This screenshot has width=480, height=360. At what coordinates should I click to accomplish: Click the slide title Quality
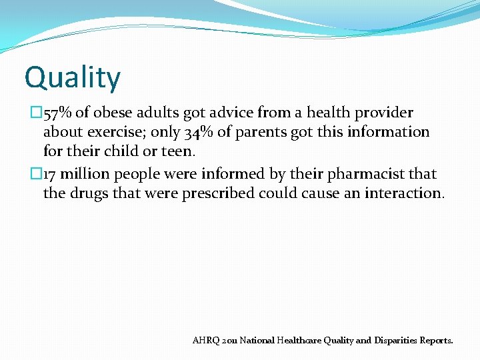point(73,77)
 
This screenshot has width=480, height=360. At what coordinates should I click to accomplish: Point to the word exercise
point(115,133)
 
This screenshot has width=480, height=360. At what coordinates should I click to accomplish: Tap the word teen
point(176,151)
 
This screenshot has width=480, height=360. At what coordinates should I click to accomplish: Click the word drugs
point(89,194)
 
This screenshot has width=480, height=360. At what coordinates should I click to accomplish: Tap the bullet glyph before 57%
point(37,113)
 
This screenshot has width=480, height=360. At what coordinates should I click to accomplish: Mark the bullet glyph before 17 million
point(37,175)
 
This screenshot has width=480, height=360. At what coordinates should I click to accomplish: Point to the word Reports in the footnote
point(437,340)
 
